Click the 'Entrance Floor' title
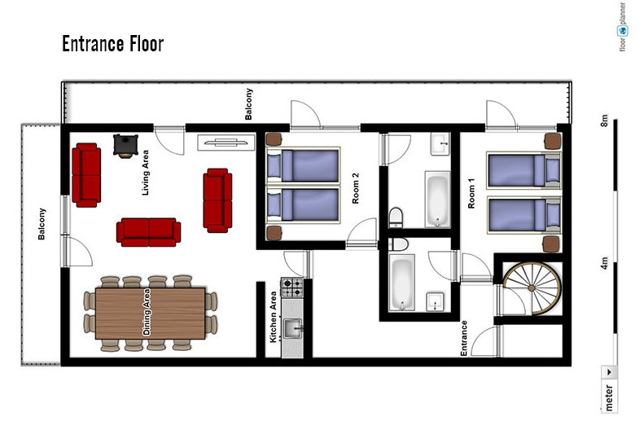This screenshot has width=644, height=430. [113, 43]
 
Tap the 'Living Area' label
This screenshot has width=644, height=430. [146, 173]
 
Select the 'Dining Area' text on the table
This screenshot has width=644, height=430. [147, 312]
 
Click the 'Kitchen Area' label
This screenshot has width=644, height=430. [273, 317]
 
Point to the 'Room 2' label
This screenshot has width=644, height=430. [356, 188]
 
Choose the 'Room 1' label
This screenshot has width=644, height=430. [471, 193]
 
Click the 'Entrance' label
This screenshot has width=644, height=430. [464, 338]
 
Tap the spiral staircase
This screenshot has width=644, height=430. [532, 288]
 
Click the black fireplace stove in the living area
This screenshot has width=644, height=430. [125, 146]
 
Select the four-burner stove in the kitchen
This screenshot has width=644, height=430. [292, 287]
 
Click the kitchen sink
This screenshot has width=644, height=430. [292, 329]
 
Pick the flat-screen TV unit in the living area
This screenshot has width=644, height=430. [226, 143]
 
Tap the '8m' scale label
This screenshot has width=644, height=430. [604, 121]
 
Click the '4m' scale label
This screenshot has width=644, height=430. [604, 263]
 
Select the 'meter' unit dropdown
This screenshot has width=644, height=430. [609, 388]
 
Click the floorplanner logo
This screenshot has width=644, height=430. [623, 27]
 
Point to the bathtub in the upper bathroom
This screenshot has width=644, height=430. [437, 200]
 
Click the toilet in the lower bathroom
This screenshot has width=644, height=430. [398, 244]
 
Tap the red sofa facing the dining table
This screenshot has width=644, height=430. [149, 232]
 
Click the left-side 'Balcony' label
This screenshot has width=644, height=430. [42, 224]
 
